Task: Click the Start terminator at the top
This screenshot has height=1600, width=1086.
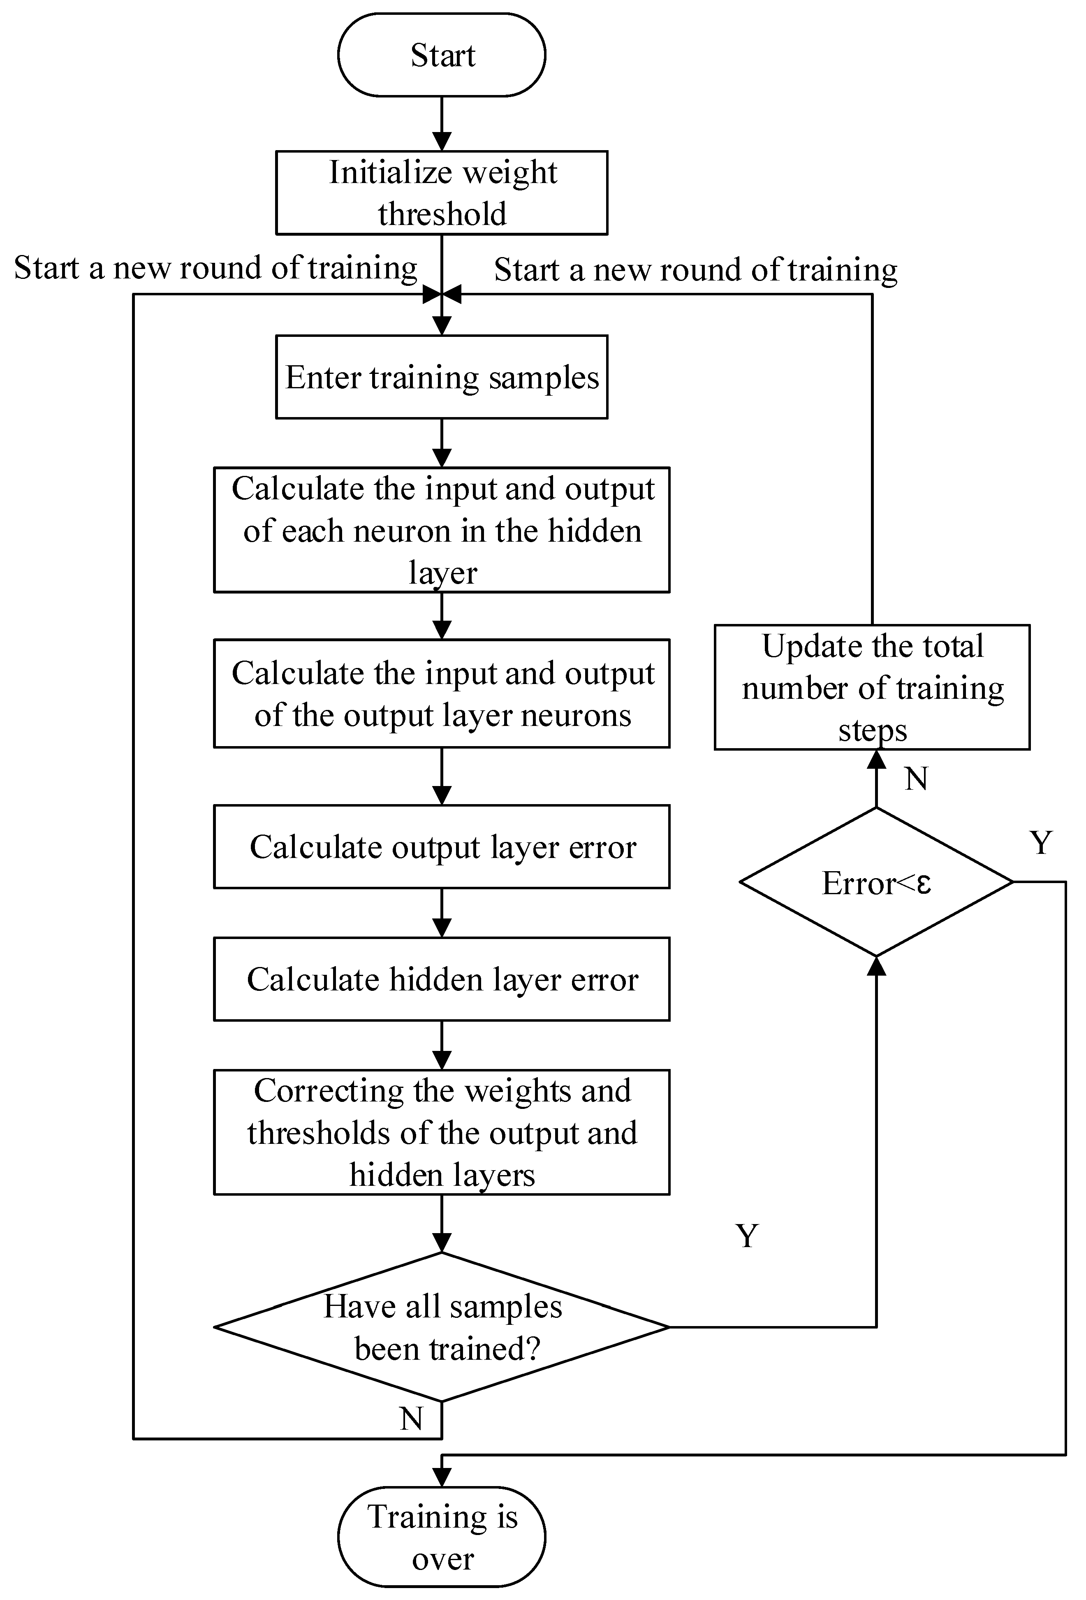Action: click(x=441, y=55)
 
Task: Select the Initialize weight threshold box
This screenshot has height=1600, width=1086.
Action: click(x=441, y=193)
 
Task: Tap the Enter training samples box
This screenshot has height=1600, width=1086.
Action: click(x=441, y=377)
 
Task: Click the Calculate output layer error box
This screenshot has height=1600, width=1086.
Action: click(x=441, y=847)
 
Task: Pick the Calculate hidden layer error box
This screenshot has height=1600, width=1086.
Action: click(x=441, y=979)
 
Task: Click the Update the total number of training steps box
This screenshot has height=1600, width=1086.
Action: click(x=872, y=687)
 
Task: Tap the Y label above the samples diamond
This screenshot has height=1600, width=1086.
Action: click(x=747, y=1236)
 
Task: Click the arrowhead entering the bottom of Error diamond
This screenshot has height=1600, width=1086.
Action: click(x=876, y=965)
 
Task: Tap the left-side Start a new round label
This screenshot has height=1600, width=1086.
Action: click(x=215, y=268)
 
